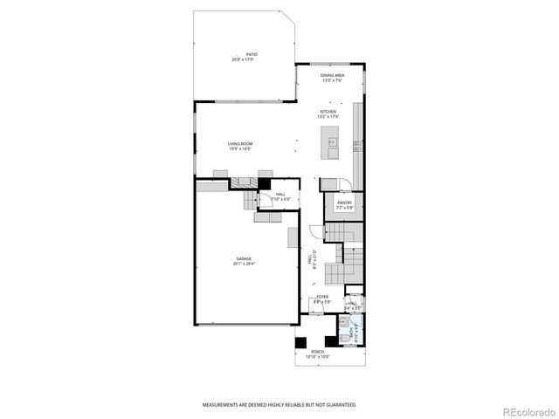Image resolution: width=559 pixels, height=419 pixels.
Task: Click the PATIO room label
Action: coord(251,54)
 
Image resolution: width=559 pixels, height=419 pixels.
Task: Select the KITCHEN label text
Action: coord(328,112)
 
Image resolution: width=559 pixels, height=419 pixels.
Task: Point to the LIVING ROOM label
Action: coord(239,143)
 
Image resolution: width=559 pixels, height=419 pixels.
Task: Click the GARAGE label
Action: coord(243,258)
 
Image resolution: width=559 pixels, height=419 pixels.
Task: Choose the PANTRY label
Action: coord(344,203)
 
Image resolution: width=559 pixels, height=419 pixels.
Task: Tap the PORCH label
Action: coord(318,352)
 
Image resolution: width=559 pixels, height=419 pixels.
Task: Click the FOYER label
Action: coord(322,297)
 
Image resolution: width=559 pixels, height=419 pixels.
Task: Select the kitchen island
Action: coord(332,143)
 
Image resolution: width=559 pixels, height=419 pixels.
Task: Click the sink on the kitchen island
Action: coord(333,140)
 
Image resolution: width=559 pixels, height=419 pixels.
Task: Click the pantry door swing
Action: coord(345,184)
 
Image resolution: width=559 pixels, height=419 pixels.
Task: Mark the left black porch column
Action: coord(300,341)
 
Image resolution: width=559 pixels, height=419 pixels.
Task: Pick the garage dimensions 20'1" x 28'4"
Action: coord(243,264)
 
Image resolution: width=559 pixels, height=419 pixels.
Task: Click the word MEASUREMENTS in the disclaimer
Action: coord(223,405)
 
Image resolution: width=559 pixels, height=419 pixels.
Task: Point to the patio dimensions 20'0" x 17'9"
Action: coord(251,59)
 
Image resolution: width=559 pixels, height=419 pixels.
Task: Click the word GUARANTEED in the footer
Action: coord(337,405)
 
